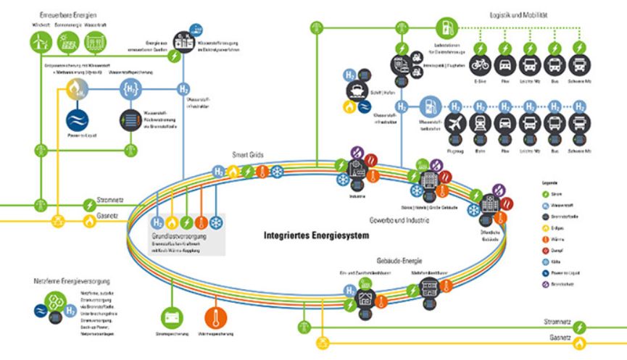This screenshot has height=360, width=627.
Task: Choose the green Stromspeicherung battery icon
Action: [172, 317]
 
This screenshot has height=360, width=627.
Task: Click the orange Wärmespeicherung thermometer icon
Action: [216, 317]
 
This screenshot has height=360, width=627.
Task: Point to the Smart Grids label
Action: [246, 155]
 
